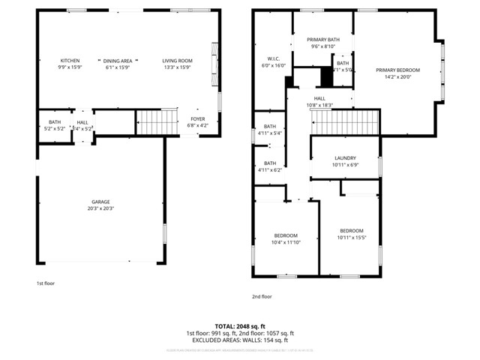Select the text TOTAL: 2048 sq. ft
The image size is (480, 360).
click(240, 326)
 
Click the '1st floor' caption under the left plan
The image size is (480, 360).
click(46, 283)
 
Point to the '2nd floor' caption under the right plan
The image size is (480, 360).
click(262, 296)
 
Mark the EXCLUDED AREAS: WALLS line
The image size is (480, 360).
click(240, 340)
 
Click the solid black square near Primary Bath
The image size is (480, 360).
click(326, 76)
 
